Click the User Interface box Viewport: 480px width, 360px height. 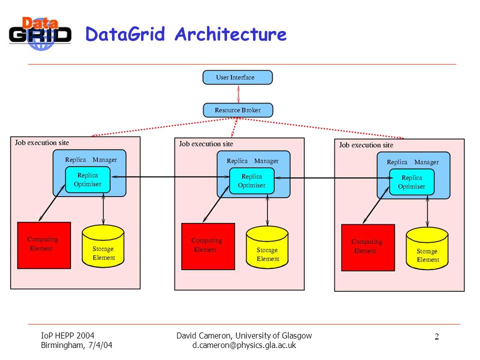[x=237, y=77]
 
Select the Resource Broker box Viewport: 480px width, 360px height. [x=238, y=110]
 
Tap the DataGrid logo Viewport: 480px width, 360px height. [x=40, y=33]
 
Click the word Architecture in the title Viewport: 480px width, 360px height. [x=230, y=34]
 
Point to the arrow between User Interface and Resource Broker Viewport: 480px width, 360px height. [x=238, y=94]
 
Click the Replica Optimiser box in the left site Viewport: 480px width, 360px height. [x=87, y=179]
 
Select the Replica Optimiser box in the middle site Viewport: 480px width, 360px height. [x=251, y=181]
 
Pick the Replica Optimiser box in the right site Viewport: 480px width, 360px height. [x=411, y=182]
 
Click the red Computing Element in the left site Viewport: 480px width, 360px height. [x=44, y=245]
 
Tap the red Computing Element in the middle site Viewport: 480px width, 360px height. [x=208, y=246]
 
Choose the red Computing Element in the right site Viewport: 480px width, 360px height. [x=368, y=248]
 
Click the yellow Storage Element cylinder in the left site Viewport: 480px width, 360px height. [x=103, y=246]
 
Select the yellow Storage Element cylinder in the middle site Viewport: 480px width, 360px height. [x=267, y=247]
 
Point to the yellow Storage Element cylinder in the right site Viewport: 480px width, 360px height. [x=427, y=248]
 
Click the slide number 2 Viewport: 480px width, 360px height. [x=436, y=336]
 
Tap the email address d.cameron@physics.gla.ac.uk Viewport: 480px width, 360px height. [x=244, y=345]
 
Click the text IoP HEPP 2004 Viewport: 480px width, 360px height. [x=67, y=335]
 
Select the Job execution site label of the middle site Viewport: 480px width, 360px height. [x=206, y=144]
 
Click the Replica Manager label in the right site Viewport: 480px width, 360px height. [x=412, y=162]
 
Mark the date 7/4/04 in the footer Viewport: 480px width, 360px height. [x=100, y=345]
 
